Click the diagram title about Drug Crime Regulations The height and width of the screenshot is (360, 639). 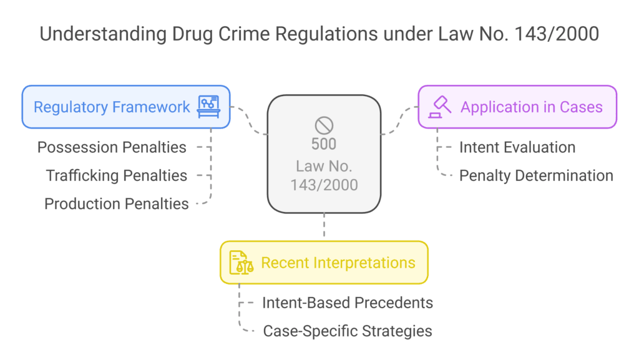point(319,34)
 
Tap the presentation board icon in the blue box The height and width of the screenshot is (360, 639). point(209,107)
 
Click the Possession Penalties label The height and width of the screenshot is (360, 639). point(112,147)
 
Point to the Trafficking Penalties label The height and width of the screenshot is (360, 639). point(116,175)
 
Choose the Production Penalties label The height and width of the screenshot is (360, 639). point(116,203)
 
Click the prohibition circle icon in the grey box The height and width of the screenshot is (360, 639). point(324,125)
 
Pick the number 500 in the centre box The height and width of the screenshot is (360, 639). point(324,144)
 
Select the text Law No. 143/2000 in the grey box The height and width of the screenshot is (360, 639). point(324,175)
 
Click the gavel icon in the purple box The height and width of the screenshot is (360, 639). point(439,107)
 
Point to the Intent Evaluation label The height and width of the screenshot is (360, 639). point(517,147)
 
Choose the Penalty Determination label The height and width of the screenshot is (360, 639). point(536,175)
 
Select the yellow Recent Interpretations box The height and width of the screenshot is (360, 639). point(324,262)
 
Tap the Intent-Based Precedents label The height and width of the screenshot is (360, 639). point(348,303)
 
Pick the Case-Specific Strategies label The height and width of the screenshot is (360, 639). point(348,331)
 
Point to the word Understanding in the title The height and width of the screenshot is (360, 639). point(93,34)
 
